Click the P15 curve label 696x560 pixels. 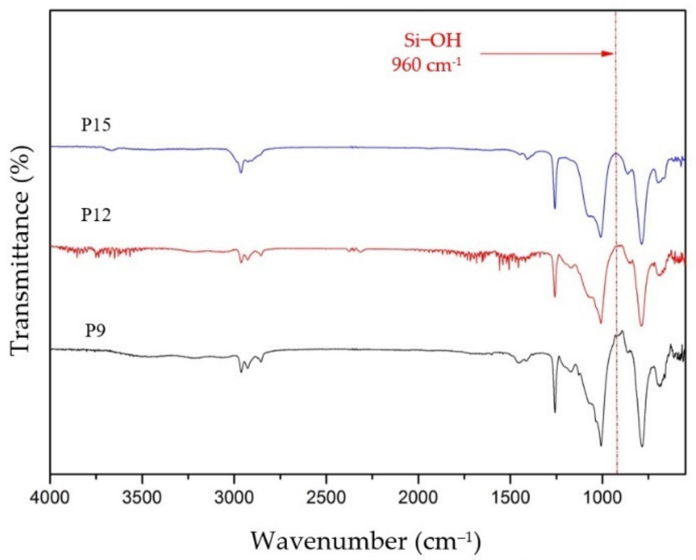pos(96,125)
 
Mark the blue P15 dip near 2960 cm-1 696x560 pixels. pos(241,172)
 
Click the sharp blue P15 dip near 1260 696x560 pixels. pos(555,208)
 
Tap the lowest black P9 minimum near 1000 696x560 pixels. pos(601,445)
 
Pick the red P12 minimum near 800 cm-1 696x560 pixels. pos(641,325)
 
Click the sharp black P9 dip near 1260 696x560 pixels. pos(555,412)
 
